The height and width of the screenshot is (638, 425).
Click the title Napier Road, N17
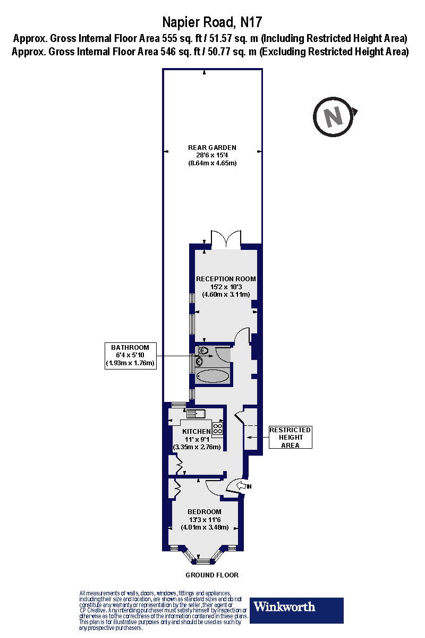click(212, 22)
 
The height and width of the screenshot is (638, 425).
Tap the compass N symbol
click(333, 116)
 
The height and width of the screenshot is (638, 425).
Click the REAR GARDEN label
click(212, 147)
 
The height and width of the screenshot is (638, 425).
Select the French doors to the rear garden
click(226, 239)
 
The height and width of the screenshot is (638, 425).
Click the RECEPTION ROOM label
click(226, 279)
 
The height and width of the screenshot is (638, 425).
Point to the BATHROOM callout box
click(130, 356)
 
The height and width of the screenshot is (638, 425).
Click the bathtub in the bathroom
click(212, 376)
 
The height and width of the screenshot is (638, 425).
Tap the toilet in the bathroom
click(202, 350)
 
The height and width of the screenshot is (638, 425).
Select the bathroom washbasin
click(199, 362)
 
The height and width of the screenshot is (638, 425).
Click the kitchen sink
click(192, 413)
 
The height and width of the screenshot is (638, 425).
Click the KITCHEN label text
click(197, 431)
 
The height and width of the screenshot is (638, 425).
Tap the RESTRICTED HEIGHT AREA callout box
click(290, 437)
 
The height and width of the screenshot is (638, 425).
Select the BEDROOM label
click(205, 511)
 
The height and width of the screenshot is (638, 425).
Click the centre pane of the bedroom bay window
click(204, 561)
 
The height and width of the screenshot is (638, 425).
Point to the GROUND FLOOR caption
click(212, 575)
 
